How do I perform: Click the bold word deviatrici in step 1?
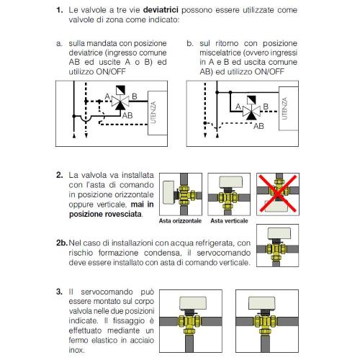pos(161,10)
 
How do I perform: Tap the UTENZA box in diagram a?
pos(158,113)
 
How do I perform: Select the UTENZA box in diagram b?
pos(289,109)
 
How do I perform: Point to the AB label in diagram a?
pos(127,115)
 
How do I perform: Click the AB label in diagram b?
pos(258,126)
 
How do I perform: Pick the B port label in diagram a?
pos(135,96)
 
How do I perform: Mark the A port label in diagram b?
pos(238,107)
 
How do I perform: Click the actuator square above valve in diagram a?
pos(120,91)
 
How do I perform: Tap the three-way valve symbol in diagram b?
pos(251,112)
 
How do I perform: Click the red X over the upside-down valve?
pos(278,194)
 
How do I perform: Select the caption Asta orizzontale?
pos(180,221)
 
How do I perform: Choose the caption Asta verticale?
pos(229,221)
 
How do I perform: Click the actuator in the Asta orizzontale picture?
pos(168,192)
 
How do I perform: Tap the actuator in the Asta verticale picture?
pos(230,181)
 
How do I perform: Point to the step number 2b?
pos(62,243)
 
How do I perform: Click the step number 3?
pos(59,292)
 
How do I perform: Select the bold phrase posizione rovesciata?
pos(105,214)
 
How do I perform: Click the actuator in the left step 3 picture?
pos(193,303)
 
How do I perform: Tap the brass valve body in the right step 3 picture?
pos(265,324)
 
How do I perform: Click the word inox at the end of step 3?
pos(76,350)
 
